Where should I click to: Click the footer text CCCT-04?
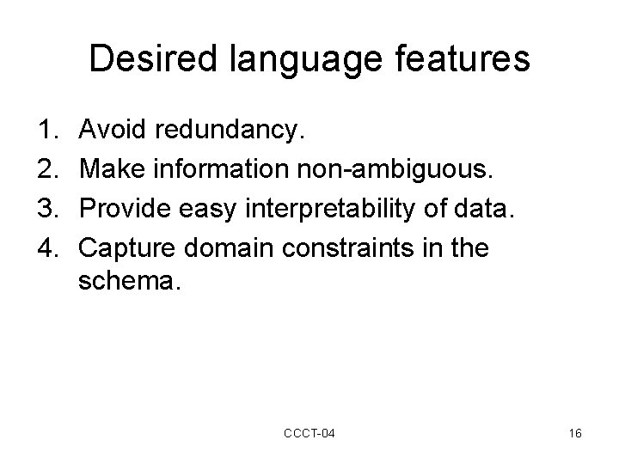point(309,434)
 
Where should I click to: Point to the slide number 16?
point(575,434)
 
